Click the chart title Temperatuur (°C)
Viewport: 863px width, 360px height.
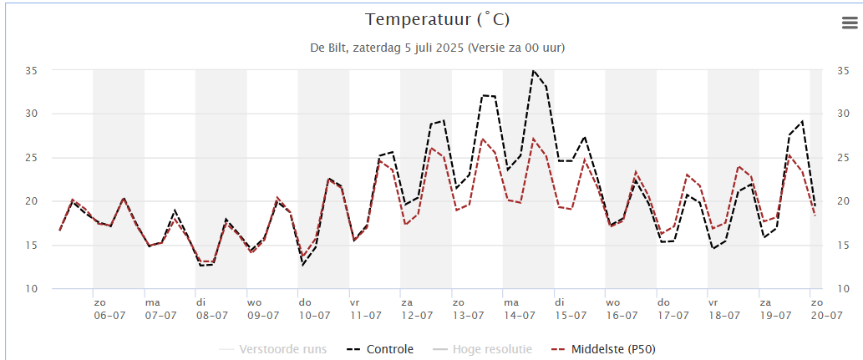437,19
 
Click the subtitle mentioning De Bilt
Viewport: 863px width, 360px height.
437,48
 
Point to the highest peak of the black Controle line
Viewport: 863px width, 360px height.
534,71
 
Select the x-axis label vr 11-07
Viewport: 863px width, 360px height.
366,309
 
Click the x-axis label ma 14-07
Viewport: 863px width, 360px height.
519,309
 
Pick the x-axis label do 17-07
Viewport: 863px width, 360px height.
673,309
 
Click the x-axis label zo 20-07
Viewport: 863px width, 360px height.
825,309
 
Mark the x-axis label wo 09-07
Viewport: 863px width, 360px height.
263,309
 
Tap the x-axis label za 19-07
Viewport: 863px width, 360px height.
775,309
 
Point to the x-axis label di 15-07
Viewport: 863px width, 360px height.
571,309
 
